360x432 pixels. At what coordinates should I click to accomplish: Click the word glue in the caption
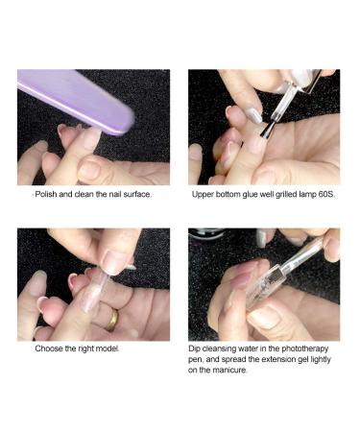[x=242, y=194]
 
